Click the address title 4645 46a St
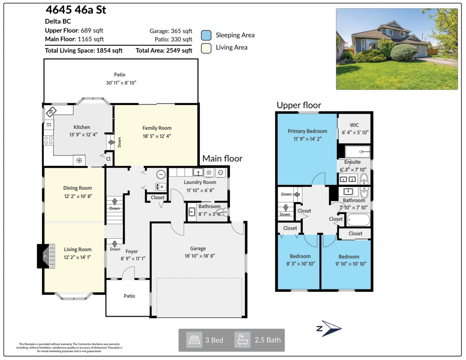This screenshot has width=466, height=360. pyautogui.click(x=76, y=10)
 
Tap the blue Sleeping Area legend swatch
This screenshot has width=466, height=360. pyautogui.click(x=206, y=35)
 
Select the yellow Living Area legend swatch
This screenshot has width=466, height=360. pyautogui.click(x=206, y=48)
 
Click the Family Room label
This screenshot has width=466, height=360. pyautogui.click(x=156, y=128)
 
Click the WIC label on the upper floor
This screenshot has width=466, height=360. pyautogui.click(x=354, y=125)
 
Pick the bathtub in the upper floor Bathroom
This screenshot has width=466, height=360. pyautogui.click(x=358, y=220)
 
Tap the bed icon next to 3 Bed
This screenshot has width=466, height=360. pyautogui.click(x=194, y=340)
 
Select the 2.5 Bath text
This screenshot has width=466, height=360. pyautogui.click(x=268, y=340)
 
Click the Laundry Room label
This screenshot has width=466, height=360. pyautogui.click(x=200, y=182)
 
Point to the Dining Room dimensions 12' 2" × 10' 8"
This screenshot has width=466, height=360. pyautogui.click(x=78, y=196)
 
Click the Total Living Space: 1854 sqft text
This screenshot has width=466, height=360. pyautogui.click(x=84, y=50)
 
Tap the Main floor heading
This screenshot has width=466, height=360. pyautogui.click(x=222, y=158)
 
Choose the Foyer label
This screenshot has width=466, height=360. pyautogui.click(x=132, y=251)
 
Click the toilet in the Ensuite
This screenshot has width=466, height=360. pyautogui.click(x=364, y=178)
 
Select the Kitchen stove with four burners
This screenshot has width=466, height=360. pyautogui.click(x=48, y=140)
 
